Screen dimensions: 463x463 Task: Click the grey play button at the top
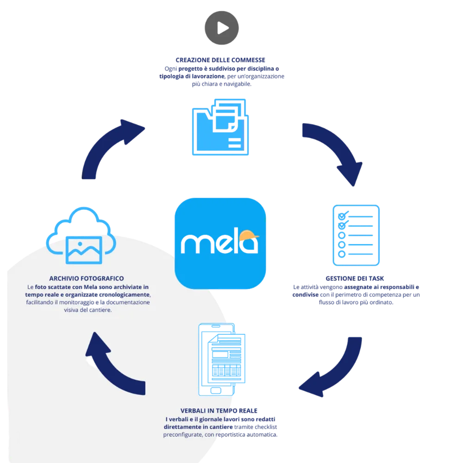(x=222, y=26)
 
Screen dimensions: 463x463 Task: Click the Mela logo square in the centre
(x=221, y=244)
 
